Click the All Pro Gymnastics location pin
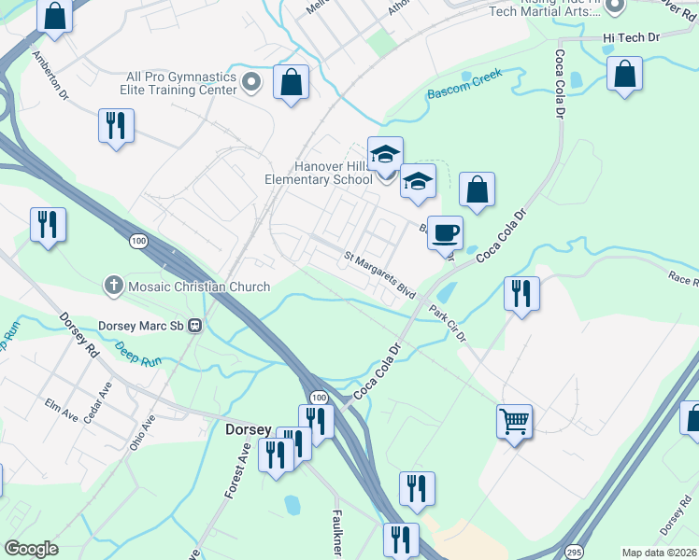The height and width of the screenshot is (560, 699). point(250,83)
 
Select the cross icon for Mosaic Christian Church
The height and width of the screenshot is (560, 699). point(114,286)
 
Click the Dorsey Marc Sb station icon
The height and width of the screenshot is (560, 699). point(195,326)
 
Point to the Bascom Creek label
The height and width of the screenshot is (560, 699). point(464,84)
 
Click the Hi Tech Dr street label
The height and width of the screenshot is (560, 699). point(631,37)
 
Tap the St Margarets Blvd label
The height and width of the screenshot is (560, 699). point(378,273)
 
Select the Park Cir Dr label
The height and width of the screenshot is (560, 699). point(447,321)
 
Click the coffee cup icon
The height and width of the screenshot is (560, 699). point(446,232)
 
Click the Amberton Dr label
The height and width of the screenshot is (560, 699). point(50,75)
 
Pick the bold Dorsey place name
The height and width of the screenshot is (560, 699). point(249,430)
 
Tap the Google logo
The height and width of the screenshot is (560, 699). point(32,549)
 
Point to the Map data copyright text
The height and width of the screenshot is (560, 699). point(660,553)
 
